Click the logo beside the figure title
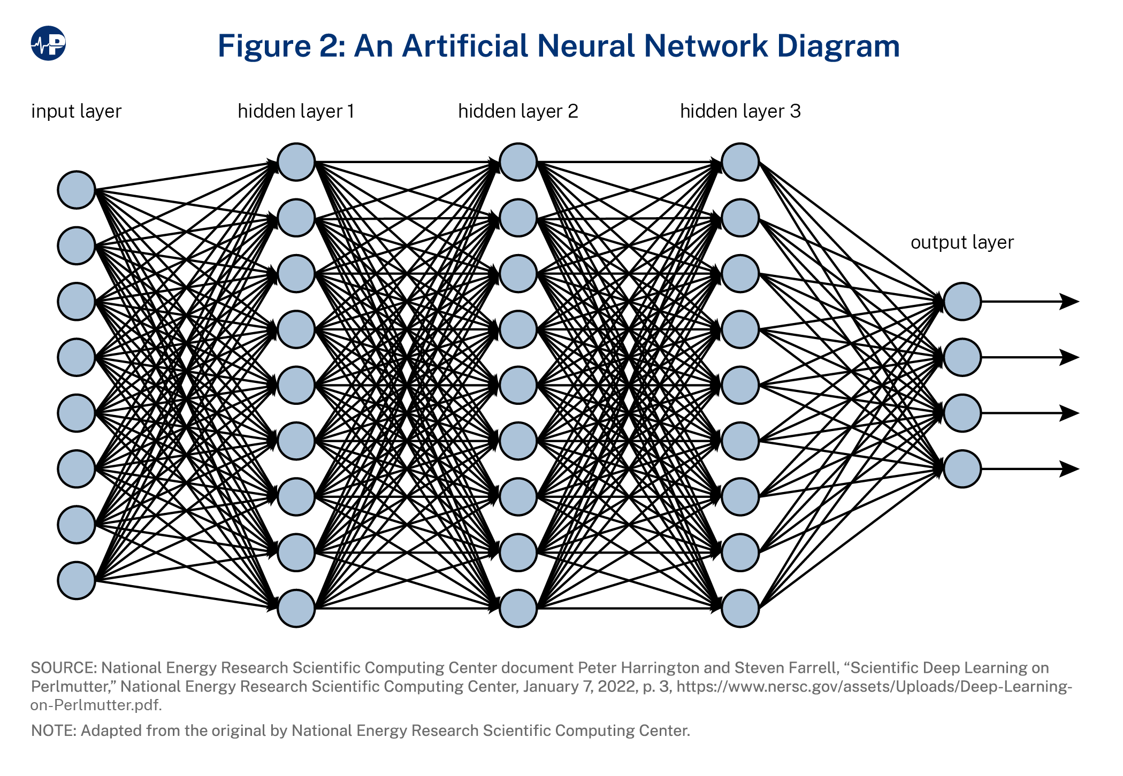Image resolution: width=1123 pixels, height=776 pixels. point(48,43)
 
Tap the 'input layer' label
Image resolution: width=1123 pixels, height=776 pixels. point(77,111)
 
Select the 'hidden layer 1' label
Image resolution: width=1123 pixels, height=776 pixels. point(296,111)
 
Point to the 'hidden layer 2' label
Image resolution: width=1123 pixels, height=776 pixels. point(518,111)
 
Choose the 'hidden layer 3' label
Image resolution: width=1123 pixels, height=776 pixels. point(740,111)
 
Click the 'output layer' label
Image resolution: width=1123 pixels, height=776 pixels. point(961,242)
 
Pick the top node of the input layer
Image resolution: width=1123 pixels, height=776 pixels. point(77,190)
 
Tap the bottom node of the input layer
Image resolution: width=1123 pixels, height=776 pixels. point(77,580)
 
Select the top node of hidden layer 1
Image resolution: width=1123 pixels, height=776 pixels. point(296,162)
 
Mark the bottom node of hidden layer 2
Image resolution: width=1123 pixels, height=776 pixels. point(518,608)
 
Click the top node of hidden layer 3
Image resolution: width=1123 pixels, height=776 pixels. point(740,162)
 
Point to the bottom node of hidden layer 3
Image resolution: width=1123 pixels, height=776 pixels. point(740,608)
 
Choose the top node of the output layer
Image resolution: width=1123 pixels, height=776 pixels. point(962,302)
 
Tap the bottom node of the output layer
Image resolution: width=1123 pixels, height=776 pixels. point(962,469)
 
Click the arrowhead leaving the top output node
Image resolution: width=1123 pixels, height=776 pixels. point(1069,302)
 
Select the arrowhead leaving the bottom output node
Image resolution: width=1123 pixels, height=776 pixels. point(1069,469)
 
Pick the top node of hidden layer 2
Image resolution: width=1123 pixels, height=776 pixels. point(518,162)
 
